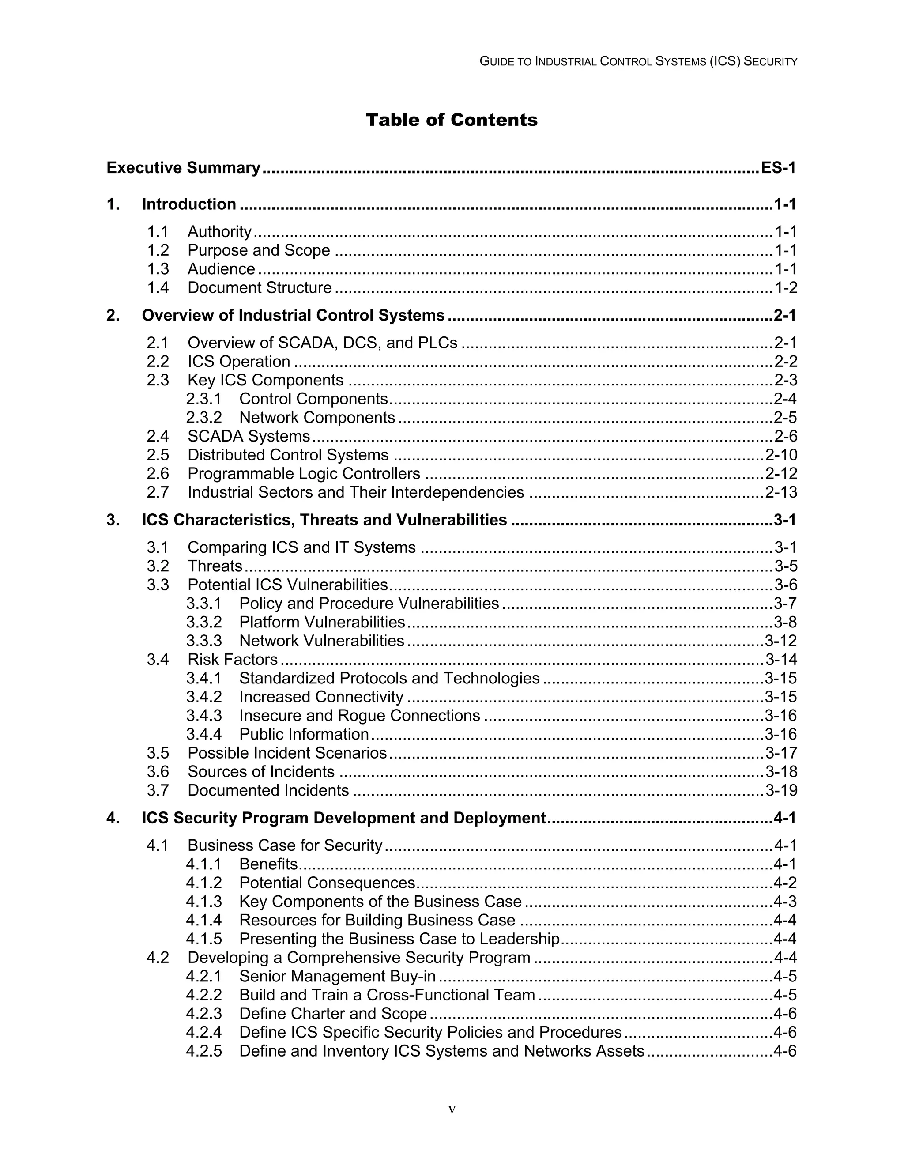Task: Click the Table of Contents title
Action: [452, 120]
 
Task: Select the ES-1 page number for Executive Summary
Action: [778, 168]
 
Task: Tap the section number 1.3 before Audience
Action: [158, 269]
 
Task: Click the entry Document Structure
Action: [260, 288]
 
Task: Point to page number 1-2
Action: [786, 288]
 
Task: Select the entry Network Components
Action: [317, 417]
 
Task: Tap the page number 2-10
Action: [781, 455]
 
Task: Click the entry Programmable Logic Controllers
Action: [304, 474]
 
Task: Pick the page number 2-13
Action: [781, 492]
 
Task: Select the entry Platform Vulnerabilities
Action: [322, 622]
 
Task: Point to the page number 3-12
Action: [781, 641]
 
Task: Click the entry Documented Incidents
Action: [268, 790]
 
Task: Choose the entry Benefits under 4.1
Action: [268, 864]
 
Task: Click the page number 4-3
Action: [785, 902]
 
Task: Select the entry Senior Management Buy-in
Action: [337, 976]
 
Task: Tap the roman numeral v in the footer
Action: [452, 1110]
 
